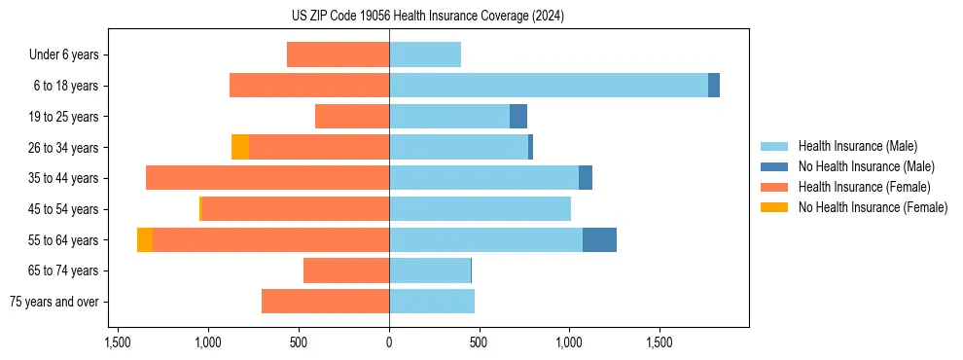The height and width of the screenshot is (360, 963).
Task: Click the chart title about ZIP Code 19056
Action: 427,16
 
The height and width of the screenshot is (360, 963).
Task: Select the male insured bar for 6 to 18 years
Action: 549,86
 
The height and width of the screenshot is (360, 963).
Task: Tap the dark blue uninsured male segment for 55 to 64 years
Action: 599,240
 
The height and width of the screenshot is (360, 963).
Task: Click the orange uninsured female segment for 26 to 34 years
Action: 240,147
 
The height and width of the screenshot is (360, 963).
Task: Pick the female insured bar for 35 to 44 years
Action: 267,178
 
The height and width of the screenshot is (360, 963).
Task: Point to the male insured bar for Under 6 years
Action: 425,54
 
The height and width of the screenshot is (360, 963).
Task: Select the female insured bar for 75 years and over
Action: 325,302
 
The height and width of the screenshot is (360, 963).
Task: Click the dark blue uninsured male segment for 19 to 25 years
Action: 518,117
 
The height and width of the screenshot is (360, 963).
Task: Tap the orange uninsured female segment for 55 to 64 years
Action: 145,240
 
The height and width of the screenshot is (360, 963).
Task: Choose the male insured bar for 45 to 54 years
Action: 480,209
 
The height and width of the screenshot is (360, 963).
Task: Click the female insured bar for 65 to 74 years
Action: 346,270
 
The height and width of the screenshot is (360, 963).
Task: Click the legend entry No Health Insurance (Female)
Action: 873,207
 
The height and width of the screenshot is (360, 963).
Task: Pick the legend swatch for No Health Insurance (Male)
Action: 774,166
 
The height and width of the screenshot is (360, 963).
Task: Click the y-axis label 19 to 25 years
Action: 64,117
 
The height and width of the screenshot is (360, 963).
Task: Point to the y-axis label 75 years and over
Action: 54,302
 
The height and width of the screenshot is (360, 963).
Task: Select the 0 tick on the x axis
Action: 389,342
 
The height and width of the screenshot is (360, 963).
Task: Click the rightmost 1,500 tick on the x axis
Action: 660,342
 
